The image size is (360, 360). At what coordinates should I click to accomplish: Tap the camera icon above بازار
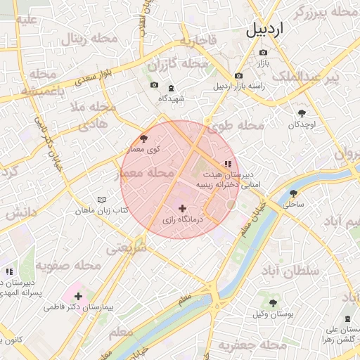click(264, 53)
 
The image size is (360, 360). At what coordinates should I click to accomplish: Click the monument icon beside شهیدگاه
click(172, 87)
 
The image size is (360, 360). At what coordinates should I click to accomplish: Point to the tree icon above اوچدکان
click(302, 112)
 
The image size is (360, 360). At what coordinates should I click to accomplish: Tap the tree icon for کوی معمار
click(144, 139)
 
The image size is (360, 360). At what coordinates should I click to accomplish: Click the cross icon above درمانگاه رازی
click(183, 208)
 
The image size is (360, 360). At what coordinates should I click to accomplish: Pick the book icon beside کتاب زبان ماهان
click(101, 200)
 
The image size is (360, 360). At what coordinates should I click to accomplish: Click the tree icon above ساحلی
click(292, 193)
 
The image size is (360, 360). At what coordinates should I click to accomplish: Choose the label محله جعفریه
click(244, 345)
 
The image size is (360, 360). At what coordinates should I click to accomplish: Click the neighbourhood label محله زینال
click(84, 39)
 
